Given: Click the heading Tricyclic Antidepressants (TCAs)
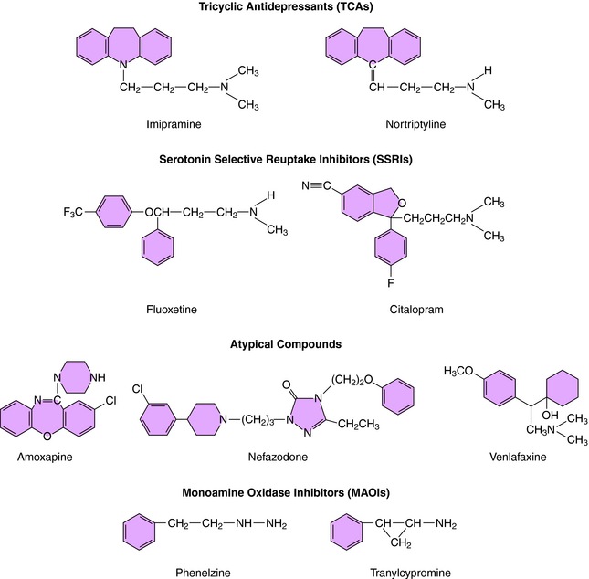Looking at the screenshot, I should click(x=294, y=9).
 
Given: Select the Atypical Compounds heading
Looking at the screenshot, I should click(x=294, y=344).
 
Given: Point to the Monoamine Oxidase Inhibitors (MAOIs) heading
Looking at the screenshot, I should click(x=294, y=492).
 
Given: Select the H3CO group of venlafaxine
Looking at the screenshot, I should click(x=458, y=369).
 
